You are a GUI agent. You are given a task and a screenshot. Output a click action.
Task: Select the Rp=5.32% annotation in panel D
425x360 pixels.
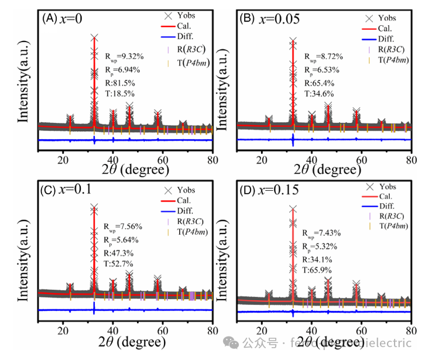[320, 246]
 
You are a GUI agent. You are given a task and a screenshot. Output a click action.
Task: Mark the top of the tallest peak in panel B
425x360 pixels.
[293, 41]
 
